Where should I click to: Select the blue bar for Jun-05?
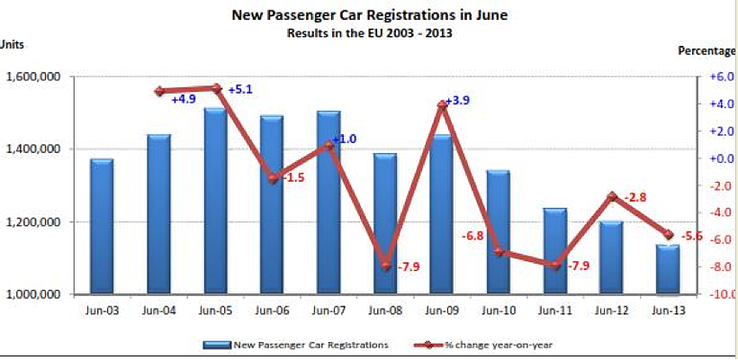215,202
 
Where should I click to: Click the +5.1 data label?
240,90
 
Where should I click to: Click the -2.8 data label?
635,197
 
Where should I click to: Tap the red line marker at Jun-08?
385,266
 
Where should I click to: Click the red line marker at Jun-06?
272,178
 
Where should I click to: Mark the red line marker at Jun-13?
668,235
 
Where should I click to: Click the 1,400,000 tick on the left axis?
32,149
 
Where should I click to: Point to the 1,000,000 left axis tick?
32,294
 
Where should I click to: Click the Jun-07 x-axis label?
328,311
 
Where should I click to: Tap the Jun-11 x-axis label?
554,311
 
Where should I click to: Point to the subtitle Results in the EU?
369,33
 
